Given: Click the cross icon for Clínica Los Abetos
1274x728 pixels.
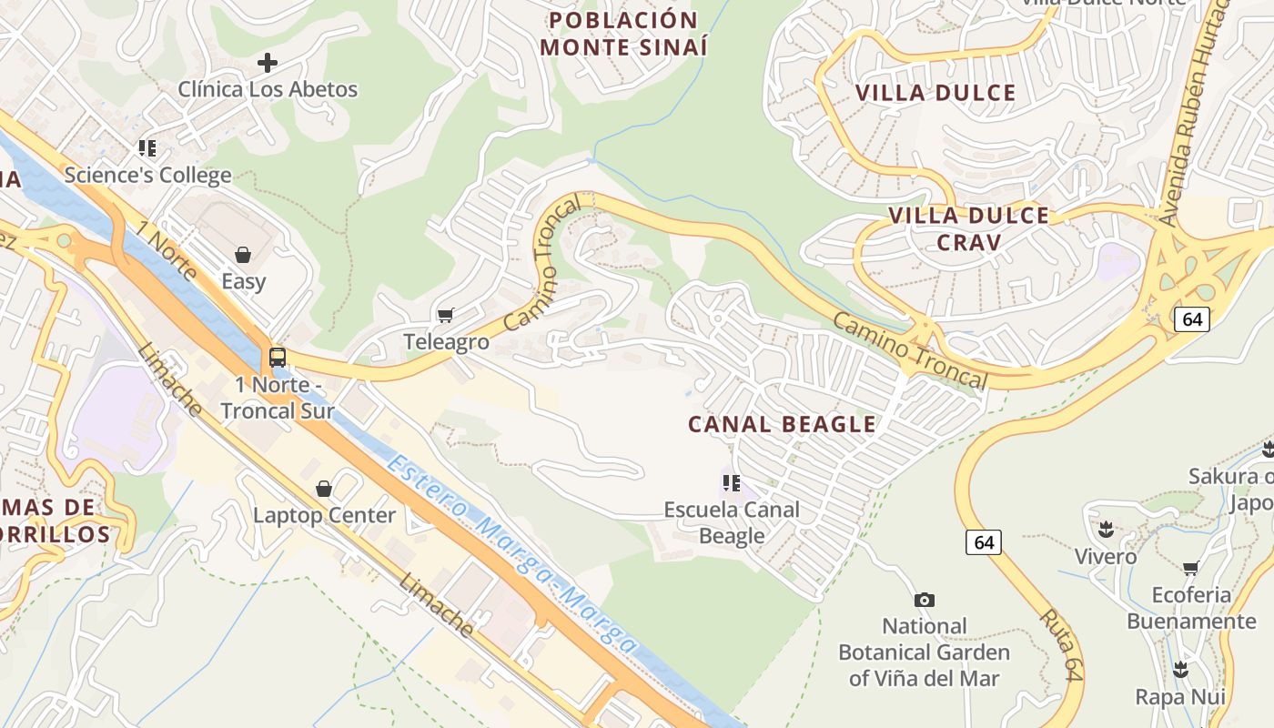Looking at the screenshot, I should (x=267, y=63).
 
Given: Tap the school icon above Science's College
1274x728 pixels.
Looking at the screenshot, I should (x=147, y=148).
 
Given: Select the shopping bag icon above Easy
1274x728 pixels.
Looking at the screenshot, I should (x=243, y=255).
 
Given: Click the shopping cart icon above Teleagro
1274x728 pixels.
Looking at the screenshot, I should (x=445, y=315).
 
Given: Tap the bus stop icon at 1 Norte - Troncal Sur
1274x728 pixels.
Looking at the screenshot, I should (x=278, y=358).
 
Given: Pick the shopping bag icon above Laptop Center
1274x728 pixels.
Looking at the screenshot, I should (x=324, y=489).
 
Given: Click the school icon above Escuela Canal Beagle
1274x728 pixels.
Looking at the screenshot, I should (x=732, y=482).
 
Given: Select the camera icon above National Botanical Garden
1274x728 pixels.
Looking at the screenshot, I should (x=924, y=600).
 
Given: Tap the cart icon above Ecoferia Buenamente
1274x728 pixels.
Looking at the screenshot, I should (x=1190, y=569).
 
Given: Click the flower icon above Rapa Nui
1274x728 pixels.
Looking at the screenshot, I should (x=1180, y=671).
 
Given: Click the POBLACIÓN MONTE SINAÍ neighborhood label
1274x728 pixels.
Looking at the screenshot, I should (x=623, y=34).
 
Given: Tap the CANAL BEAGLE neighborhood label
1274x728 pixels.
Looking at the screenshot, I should (x=782, y=424).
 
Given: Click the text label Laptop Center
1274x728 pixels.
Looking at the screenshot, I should (x=324, y=515).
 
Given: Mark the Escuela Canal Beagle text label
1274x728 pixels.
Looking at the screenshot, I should (x=732, y=522).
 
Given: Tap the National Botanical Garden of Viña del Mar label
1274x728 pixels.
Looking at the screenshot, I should (x=924, y=652).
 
